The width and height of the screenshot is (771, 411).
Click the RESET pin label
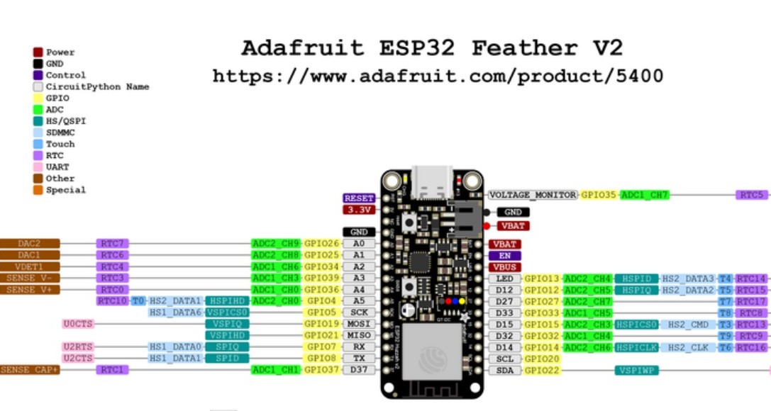(358, 198)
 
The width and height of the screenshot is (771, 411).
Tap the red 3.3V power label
(358, 210)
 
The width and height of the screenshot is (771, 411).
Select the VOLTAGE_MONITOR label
(533, 194)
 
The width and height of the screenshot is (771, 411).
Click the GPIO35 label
(599, 194)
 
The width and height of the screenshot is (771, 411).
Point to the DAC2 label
(29, 244)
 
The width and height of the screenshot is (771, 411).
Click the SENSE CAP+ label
(29, 370)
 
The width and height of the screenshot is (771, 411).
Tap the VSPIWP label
(636, 370)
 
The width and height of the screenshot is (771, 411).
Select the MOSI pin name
(358, 324)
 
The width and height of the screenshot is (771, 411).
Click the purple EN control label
(504, 255)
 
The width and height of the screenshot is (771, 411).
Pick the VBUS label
(504, 267)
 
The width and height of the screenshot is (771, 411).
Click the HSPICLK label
(636, 347)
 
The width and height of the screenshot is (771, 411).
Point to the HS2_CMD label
(688, 324)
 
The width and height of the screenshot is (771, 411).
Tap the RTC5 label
(751, 194)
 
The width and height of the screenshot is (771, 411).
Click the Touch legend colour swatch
(38, 144)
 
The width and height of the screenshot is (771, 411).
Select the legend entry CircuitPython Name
(97, 86)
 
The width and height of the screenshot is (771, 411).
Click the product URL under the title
(438, 76)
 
